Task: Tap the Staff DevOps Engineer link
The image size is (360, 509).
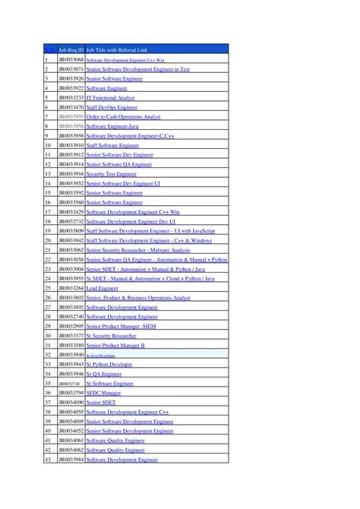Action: click(116, 108)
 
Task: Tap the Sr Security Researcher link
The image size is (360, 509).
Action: click(112, 336)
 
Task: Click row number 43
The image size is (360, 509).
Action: click(48, 460)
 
